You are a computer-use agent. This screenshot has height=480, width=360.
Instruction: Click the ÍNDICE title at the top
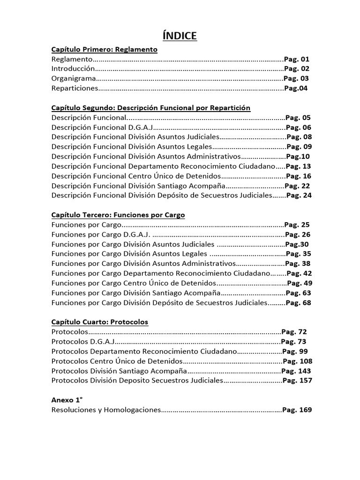[179, 36]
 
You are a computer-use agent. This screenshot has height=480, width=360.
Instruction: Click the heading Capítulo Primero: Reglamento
[104, 49]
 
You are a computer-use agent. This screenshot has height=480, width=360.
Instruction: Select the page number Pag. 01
[297, 59]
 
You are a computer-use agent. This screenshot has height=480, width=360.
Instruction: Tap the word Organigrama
[74, 78]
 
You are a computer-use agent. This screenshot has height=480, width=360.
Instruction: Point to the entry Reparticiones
[75, 88]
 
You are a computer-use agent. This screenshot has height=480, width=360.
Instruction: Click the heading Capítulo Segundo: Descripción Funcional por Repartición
[151, 108]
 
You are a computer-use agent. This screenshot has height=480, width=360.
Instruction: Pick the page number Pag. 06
[298, 127]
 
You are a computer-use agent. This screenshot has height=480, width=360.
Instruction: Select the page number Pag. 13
[299, 166]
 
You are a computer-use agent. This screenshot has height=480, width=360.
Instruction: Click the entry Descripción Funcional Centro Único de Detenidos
[135, 176]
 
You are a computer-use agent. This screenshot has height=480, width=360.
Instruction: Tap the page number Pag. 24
[299, 195]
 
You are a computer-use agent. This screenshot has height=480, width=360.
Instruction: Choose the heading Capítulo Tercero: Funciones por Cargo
[118, 215]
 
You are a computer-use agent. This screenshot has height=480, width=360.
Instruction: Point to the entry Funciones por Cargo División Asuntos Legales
[129, 254]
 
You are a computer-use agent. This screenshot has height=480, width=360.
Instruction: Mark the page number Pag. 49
[299, 283]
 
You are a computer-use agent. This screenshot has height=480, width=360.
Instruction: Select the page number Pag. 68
[298, 303]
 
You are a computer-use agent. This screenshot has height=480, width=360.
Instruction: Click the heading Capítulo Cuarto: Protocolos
[99, 322]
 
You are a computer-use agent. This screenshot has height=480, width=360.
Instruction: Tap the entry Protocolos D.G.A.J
[83, 342]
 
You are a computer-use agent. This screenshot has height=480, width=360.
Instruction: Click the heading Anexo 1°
[67, 400]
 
